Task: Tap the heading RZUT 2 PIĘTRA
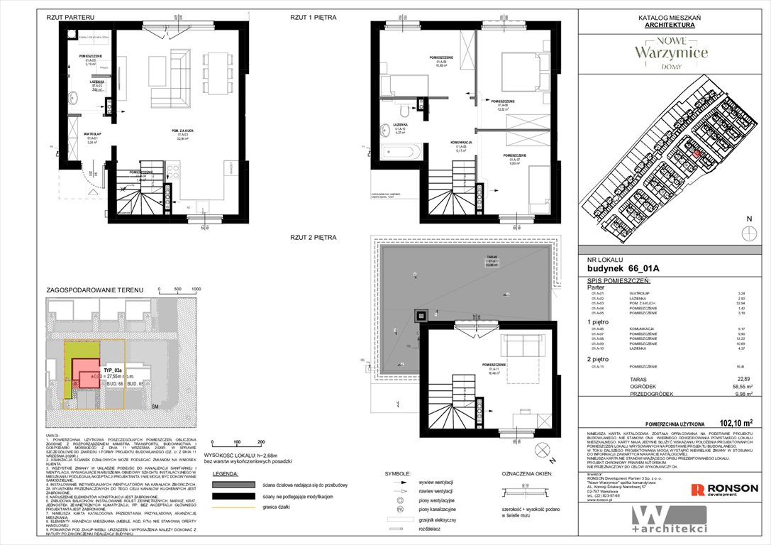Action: [x=313, y=236]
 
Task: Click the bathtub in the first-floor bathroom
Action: [x=401, y=152]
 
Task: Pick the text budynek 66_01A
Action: [x=619, y=269]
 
